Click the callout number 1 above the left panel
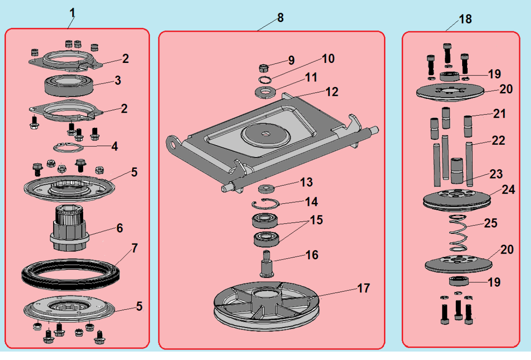[x=73, y=12]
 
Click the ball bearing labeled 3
[x=70, y=85]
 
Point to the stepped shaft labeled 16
[x=267, y=264]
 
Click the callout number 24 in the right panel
[x=509, y=189]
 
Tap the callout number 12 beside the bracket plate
[x=332, y=92]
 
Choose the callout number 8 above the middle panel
[x=280, y=18]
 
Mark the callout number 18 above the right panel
[x=466, y=19]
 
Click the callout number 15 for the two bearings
[x=316, y=220]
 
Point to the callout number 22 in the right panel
[x=498, y=141]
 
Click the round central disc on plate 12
[x=265, y=135]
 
